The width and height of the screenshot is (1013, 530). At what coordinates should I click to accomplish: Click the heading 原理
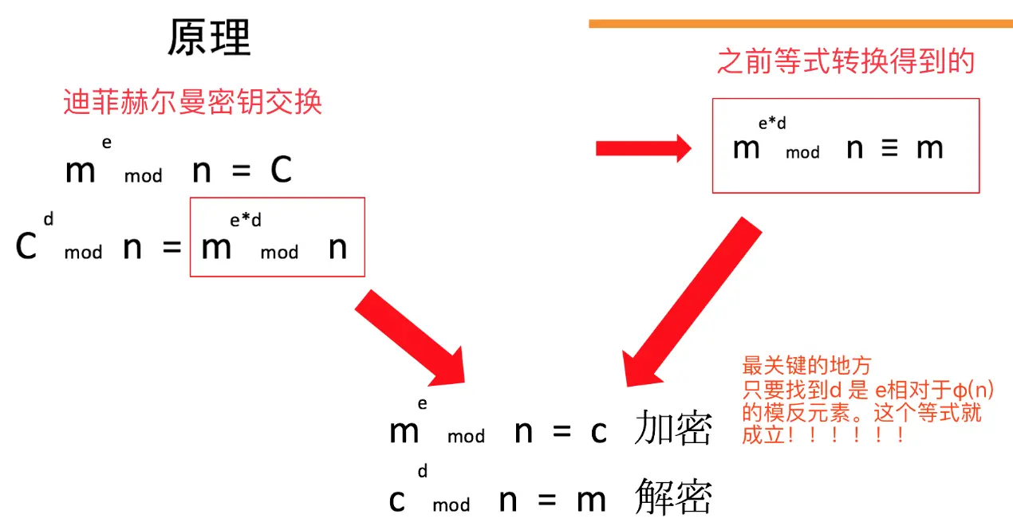(x=209, y=37)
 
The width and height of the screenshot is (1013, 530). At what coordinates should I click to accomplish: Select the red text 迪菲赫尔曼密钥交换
(x=192, y=102)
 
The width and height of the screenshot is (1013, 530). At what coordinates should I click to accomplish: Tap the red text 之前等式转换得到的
(x=845, y=61)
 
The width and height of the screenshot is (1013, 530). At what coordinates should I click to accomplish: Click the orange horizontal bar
(x=800, y=24)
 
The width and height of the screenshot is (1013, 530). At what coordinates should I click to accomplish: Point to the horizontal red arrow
(x=643, y=147)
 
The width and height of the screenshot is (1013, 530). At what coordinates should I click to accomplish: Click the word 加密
(x=672, y=431)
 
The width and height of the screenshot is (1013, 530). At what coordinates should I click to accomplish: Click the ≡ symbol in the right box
(x=889, y=149)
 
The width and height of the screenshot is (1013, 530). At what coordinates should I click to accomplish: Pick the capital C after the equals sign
(x=281, y=170)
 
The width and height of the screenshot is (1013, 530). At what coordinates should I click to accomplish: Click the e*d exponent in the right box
(x=772, y=123)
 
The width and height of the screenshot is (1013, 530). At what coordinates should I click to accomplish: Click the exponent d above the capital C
(x=49, y=218)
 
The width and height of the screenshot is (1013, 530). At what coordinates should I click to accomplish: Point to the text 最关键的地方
(x=806, y=367)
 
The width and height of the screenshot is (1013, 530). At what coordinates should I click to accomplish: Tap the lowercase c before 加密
(x=599, y=433)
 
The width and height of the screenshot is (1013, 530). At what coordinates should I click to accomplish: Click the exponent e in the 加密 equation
(x=422, y=404)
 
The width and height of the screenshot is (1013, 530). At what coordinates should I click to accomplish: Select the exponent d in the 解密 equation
(x=423, y=472)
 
